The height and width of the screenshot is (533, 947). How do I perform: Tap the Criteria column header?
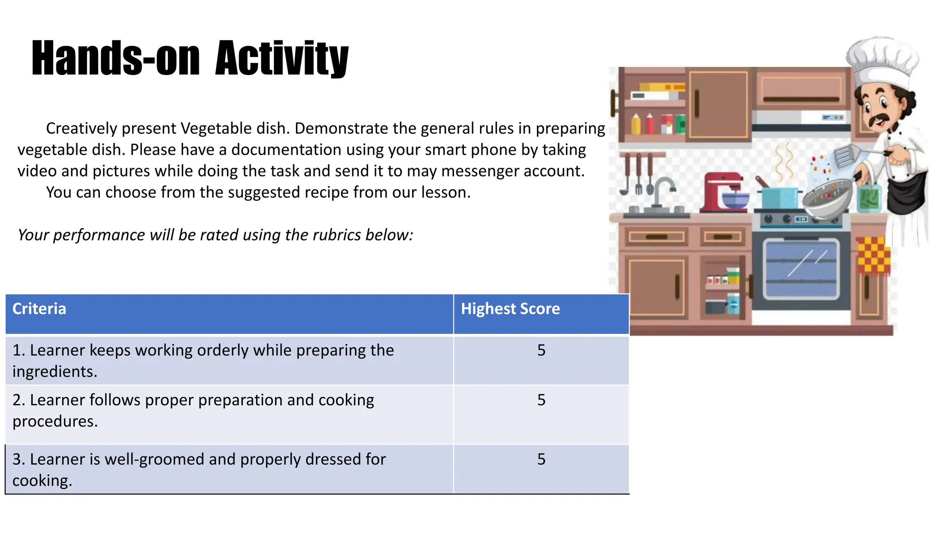click(x=39, y=309)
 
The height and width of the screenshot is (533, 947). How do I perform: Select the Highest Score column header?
click(x=510, y=309)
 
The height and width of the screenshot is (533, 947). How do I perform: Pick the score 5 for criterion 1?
click(x=541, y=350)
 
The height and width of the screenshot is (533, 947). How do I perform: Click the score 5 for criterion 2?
click(x=541, y=400)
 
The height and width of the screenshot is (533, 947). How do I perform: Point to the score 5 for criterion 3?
click(x=541, y=459)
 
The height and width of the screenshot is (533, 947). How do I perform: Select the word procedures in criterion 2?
click(x=55, y=421)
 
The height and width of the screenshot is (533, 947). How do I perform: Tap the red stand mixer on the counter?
click(x=723, y=192)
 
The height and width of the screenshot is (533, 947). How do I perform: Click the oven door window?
click(x=801, y=268)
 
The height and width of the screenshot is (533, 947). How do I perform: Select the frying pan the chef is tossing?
click(x=827, y=199)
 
